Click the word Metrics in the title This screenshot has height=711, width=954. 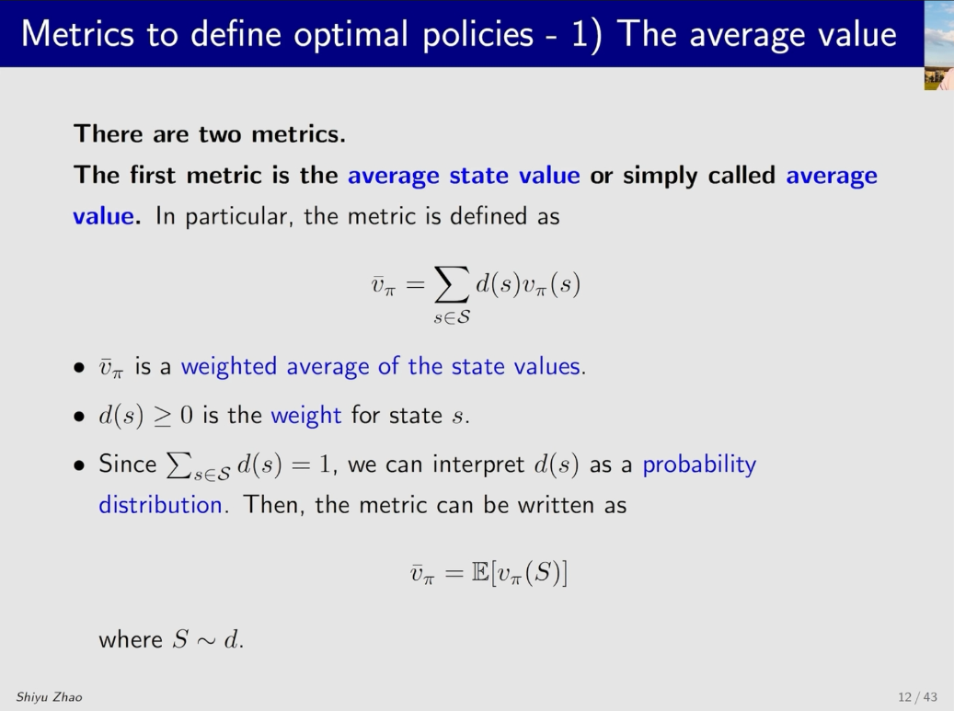(77, 34)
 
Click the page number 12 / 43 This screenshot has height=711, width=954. (917, 697)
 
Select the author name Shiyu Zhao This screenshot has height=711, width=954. (50, 697)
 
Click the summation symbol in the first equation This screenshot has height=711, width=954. (452, 284)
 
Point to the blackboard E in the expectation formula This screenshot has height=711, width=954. (480, 573)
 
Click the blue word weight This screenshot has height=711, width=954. (306, 416)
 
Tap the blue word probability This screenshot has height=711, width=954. (700, 464)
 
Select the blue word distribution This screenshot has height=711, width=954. (161, 505)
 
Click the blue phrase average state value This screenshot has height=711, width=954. (464, 176)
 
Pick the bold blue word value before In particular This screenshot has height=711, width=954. (103, 216)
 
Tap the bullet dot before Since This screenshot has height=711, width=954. (79, 466)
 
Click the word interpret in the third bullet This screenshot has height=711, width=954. (478, 464)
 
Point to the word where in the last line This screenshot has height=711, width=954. (131, 639)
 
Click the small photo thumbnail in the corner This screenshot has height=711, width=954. (938, 46)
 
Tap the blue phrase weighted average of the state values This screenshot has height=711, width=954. (381, 367)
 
